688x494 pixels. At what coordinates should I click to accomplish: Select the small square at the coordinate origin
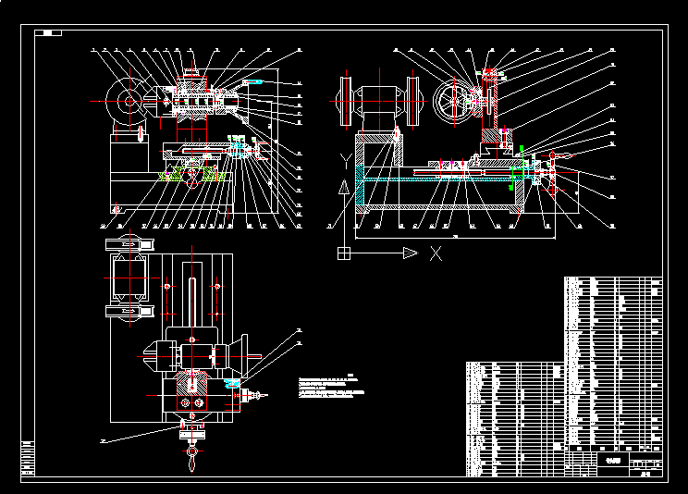tap(344, 252)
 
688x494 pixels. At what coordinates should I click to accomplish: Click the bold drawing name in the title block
tap(610, 459)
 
